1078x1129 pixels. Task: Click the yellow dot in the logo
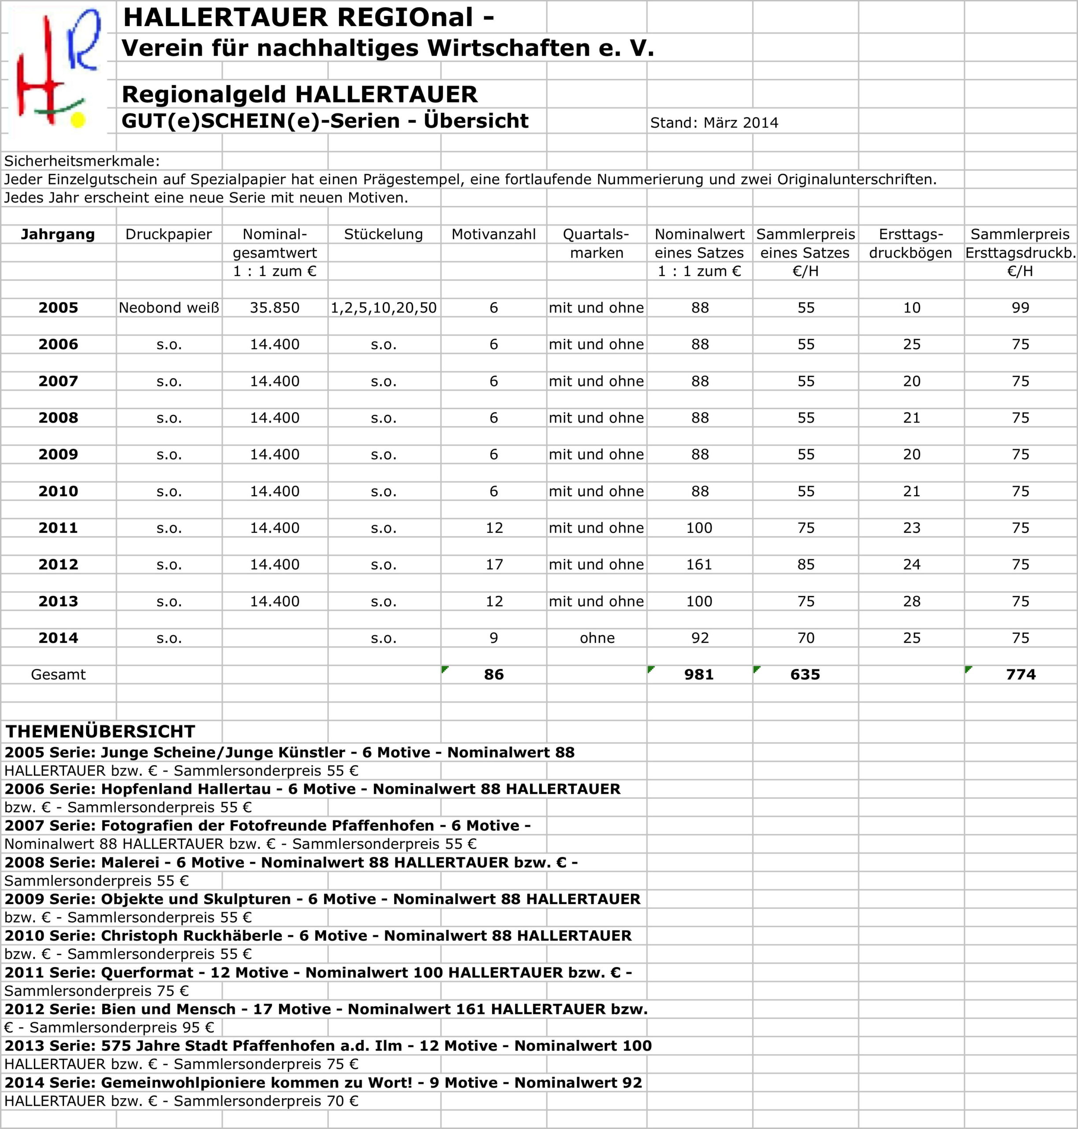click(77, 120)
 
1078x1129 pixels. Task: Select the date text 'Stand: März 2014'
click(714, 123)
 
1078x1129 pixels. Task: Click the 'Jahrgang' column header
click(58, 234)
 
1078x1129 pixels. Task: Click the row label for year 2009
click(58, 454)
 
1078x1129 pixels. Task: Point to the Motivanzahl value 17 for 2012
click(494, 564)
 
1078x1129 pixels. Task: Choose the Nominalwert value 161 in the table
click(699, 564)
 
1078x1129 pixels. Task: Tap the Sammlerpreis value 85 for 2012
click(806, 564)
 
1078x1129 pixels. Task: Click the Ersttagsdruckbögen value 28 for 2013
click(911, 601)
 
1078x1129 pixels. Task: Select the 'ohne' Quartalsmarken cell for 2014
click(597, 638)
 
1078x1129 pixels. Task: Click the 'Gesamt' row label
click(58, 674)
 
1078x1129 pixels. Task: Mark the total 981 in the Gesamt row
click(699, 674)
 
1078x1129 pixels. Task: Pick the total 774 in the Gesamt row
click(1021, 674)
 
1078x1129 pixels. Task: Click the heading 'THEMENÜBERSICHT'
click(101, 731)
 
